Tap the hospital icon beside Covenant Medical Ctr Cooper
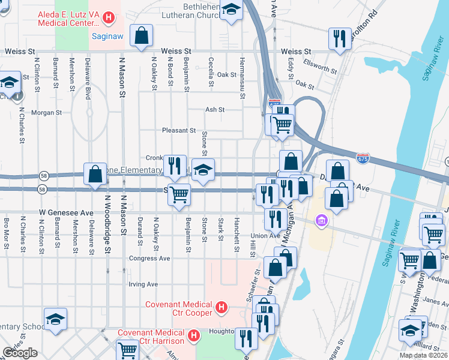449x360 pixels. (x=221, y=308)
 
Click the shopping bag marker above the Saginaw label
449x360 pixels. (x=141, y=35)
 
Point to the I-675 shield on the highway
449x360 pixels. (x=363, y=159)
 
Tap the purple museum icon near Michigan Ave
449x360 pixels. (x=322, y=221)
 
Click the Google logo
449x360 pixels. (x=20, y=353)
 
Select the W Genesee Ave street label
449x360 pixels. (x=67, y=212)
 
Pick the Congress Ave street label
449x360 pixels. (x=149, y=259)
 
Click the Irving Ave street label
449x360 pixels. (x=143, y=284)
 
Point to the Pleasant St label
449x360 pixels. (x=179, y=130)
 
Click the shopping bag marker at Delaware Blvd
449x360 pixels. (x=95, y=175)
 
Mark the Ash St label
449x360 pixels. (x=215, y=110)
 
